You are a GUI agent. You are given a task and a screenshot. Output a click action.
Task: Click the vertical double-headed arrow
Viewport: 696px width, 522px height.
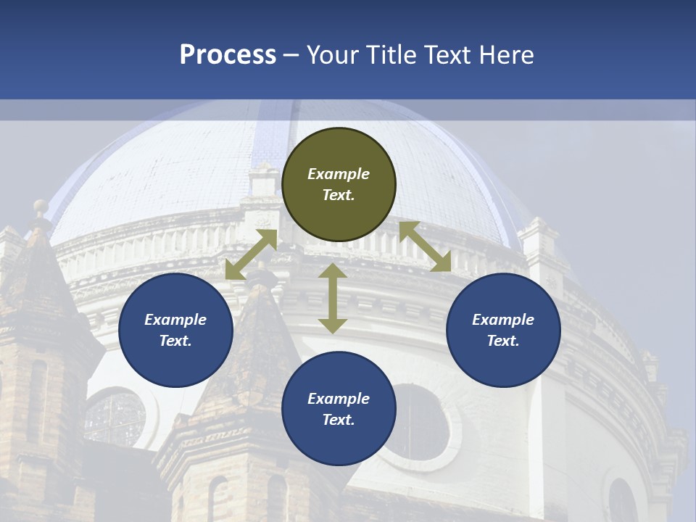(333, 298)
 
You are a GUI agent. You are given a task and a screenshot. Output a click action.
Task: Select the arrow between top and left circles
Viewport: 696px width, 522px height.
(252, 254)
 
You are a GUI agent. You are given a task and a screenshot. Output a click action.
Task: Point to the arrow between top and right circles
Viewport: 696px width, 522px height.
(425, 246)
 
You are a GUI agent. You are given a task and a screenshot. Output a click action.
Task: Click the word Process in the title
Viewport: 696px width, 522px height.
(228, 55)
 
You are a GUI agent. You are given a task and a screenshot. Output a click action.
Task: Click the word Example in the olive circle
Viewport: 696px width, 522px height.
(339, 174)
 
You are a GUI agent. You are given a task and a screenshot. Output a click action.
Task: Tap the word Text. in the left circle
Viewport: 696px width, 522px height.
(175, 341)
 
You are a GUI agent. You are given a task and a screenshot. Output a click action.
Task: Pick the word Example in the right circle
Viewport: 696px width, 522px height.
(503, 320)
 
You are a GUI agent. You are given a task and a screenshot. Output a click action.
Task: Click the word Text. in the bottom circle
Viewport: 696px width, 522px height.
(339, 420)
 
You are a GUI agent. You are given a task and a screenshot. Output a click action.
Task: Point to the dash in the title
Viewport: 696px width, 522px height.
(291, 55)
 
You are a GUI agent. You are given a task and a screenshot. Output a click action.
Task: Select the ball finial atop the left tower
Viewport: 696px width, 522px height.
(41, 209)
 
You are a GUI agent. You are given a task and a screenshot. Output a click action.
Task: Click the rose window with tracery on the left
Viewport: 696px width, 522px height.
(116, 418)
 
